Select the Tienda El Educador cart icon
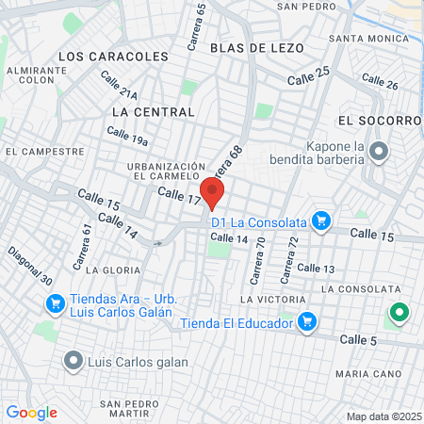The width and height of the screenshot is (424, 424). click(306, 322)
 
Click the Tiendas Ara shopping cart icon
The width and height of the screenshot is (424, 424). click(55, 303)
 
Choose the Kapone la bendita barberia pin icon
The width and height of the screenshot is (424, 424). click(380, 151)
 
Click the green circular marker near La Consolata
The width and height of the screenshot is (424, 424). click(399, 312)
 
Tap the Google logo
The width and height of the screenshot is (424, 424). click(31, 413)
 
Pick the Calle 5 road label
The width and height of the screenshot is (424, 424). click(358, 339)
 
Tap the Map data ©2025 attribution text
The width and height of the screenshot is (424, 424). click(383, 416)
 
